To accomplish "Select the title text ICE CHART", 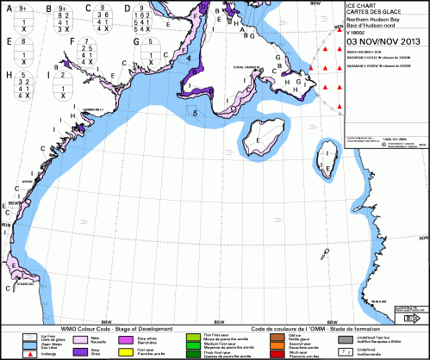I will (x=362, y=4).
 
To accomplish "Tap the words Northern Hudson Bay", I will (x=371, y=19).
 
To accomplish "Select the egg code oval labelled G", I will (x=152, y=49).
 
